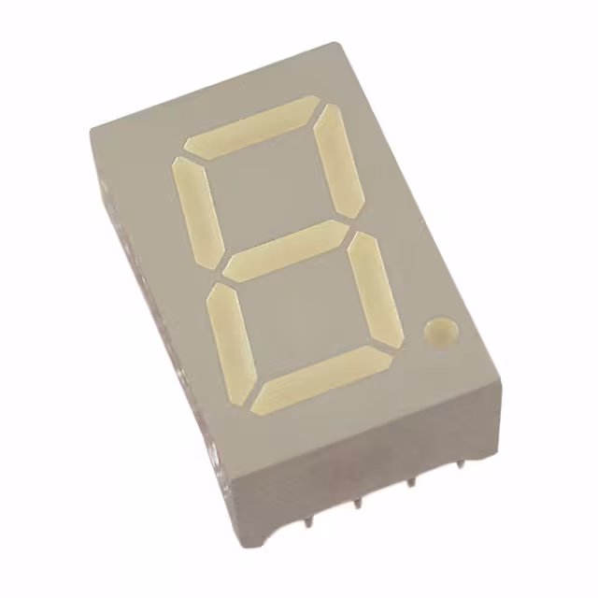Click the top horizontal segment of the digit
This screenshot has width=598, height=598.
click(x=251, y=124)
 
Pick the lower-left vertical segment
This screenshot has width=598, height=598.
click(x=231, y=341)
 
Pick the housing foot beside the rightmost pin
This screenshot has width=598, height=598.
click(x=479, y=458)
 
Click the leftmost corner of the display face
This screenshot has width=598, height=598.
click(x=91, y=127)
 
